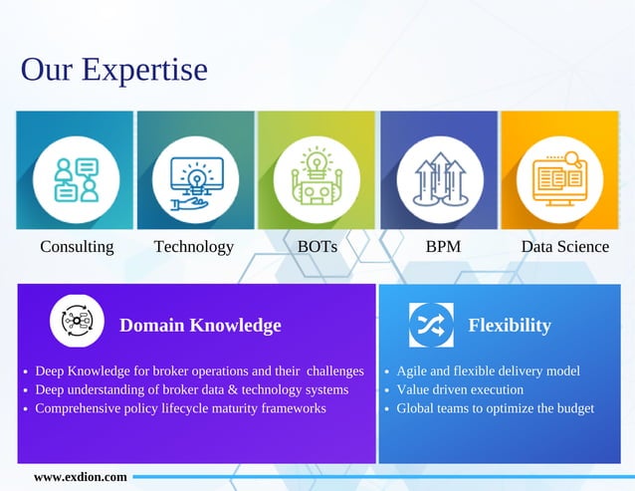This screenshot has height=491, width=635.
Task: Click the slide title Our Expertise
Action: coord(113,71)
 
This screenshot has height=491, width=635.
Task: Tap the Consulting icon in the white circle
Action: coord(76,176)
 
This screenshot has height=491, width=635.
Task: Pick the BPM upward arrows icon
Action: coord(439,178)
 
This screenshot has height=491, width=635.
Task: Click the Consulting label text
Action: coord(77,246)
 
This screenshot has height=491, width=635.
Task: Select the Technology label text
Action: coord(194,246)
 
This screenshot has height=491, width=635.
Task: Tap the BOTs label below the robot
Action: coord(317,246)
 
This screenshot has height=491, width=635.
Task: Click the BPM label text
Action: coord(443,246)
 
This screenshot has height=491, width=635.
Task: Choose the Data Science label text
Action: coord(564,246)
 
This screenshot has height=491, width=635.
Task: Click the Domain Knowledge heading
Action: coord(200,326)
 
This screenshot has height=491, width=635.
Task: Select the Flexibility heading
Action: coord(509,326)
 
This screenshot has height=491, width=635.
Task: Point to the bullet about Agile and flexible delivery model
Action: coord(488,370)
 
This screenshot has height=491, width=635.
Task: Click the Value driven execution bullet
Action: coord(459,389)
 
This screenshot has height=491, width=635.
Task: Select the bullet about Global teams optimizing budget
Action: coord(495,408)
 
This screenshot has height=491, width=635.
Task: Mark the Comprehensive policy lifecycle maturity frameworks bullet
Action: coord(180,408)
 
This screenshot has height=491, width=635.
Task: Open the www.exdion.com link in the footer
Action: coord(81,477)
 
